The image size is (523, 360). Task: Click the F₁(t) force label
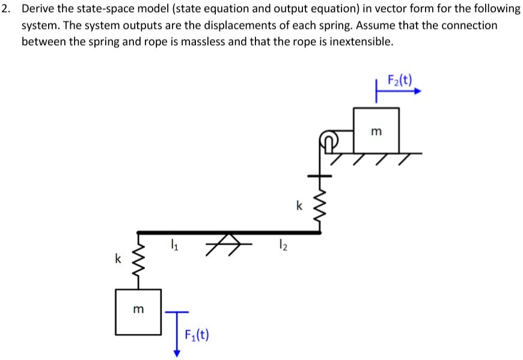tap(196, 334)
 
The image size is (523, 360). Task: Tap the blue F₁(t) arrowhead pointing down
tap(177, 353)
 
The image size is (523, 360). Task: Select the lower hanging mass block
tap(139, 312)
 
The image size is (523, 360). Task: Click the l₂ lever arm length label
tap(281, 245)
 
